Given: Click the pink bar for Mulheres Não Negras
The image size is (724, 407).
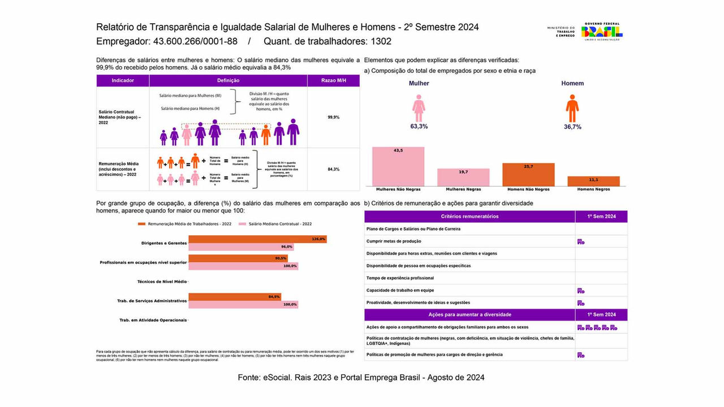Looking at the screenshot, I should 398,167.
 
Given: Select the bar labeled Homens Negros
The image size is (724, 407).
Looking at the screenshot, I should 593,181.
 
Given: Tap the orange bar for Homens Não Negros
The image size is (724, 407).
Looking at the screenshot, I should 528,175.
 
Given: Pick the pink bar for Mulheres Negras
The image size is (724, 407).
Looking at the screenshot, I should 463,177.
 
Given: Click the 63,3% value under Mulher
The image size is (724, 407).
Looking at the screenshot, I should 419,127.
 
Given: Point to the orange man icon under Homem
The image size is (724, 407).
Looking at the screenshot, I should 572,108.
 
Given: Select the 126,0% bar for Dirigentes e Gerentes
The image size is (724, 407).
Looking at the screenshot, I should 257,239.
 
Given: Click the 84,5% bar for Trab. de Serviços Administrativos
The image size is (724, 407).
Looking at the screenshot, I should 234,297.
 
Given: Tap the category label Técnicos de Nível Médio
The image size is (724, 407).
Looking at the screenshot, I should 162,282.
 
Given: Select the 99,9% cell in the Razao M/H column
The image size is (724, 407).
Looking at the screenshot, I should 333,117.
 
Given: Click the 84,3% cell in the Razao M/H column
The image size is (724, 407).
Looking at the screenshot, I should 333,169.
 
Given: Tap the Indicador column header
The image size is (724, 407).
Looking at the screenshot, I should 123,80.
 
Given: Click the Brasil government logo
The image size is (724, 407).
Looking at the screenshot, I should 602,31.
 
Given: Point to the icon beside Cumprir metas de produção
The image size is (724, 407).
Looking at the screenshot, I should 580,241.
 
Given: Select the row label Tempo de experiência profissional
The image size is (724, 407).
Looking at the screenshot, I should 400,278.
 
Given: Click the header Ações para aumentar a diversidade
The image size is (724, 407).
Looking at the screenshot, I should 469,314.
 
